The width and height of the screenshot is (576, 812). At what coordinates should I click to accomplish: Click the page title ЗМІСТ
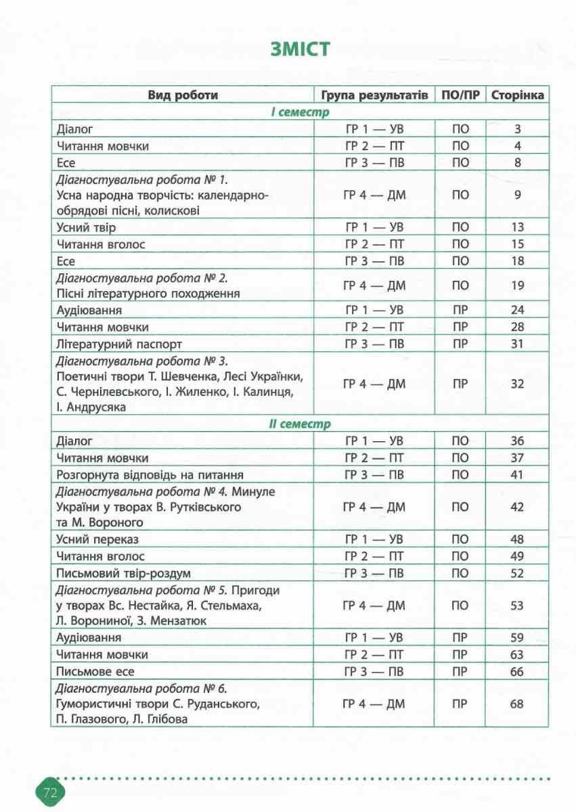(301, 50)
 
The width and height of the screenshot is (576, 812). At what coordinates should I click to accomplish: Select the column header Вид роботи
(183, 95)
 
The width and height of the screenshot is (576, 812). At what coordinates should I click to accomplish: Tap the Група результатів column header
(374, 95)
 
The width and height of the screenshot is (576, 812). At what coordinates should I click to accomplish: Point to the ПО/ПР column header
(460, 95)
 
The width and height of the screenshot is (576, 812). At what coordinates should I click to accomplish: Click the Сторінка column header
(517, 95)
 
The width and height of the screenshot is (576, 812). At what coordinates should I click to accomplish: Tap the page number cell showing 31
(517, 344)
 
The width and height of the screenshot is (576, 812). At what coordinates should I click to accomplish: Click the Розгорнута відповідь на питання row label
(150, 475)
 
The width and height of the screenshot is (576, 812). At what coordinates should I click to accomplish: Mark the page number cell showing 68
(517, 704)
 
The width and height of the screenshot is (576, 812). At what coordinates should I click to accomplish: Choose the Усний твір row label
(87, 228)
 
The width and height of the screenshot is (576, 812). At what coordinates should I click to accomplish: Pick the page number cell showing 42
(517, 507)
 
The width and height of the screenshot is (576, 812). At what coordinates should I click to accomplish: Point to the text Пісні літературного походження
(150, 294)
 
